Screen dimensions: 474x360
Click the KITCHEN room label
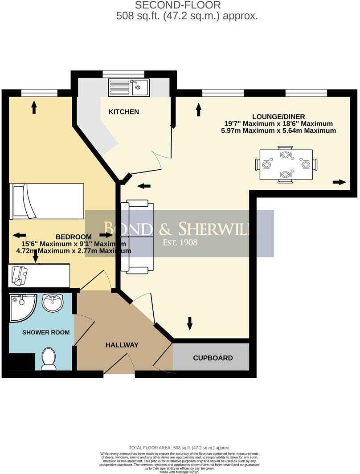pyautogui.click(x=124, y=112)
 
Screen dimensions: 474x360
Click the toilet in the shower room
pyautogui.click(x=49, y=359)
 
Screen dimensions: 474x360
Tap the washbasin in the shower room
pyautogui.click(x=53, y=303)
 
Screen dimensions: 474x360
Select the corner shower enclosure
pyautogui.click(x=21, y=306)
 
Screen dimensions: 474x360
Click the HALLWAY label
pyautogui.click(x=122, y=345)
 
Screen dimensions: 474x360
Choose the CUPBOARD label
pyautogui.click(x=213, y=358)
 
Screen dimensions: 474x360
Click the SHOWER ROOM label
pyautogui.click(x=46, y=332)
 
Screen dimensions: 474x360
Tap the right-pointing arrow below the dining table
pyautogui.click(x=339, y=182)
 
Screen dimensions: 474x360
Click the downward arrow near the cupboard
pyautogui.click(x=190, y=323)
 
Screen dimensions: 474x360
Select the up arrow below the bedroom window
pyautogui.click(x=34, y=107)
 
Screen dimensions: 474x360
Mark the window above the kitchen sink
pyautogui.click(x=123, y=74)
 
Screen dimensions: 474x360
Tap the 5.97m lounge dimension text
pyautogui.click(x=278, y=131)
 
